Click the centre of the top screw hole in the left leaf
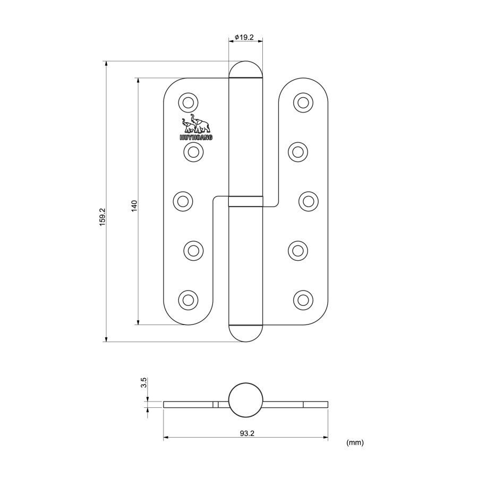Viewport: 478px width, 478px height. pyautogui.click(x=188, y=103)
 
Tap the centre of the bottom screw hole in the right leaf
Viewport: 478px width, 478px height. pyautogui.click(x=303, y=300)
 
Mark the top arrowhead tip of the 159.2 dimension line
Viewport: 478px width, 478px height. pyautogui.click(x=106, y=61)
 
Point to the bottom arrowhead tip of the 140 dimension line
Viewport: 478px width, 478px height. pyautogui.click(x=138, y=325)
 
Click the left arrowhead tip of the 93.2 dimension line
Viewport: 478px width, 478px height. pyautogui.click(x=164, y=438)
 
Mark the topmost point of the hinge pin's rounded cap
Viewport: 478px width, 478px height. pyautogui.click(x=246, y=61)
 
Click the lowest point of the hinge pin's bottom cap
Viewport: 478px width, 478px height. pyautogui.click(x=246, y=342)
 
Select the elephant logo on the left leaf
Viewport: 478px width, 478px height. pyautogui.click(x=195, y=123)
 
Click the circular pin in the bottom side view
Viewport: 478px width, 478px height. pyautogui.click(x=246, y=400)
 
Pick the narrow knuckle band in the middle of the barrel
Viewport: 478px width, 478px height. pyautogui.click(x=246, y=201)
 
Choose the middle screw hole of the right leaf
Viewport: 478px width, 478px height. pyautogui.click(x=309, y=201)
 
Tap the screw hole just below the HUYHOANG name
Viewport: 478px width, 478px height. pyautogui.click(x=193, y=152)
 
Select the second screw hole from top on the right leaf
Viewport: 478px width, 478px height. pyautogui.click(x=298, y=152)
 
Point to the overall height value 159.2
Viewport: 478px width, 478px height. pyautogui.click(x=102, y=217)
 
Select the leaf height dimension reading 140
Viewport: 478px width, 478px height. pyautogui.click(x=134, y=207)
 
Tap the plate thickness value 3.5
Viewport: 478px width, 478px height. pyautogui.click(x=143, y=382)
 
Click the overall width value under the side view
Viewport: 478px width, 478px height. pyautogui.click(x=247, y=433)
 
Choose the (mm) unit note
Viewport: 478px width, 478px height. pyautogui.click(x=355, y=442)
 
